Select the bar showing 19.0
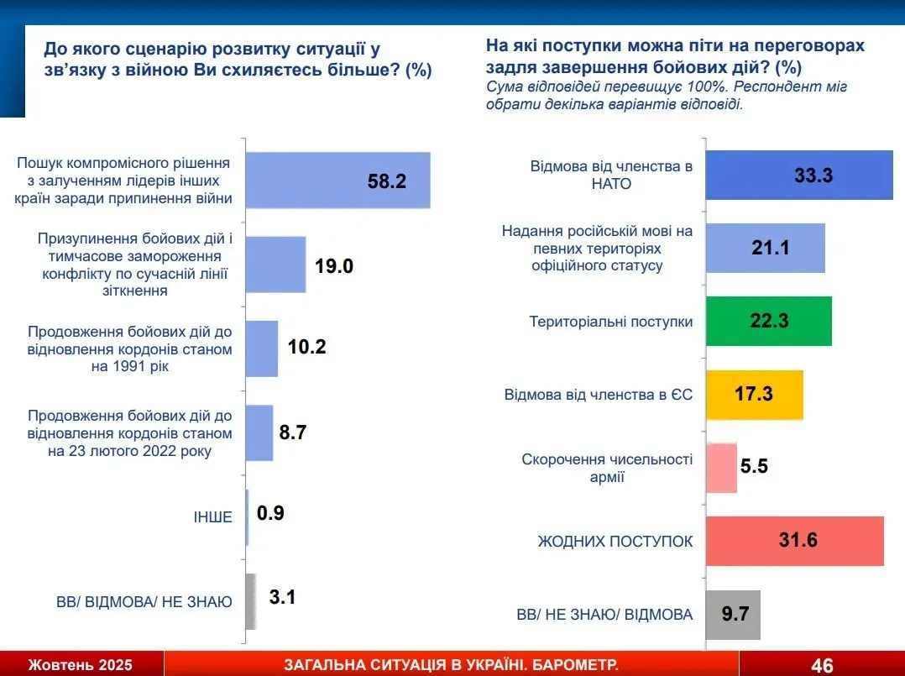coord(275,264)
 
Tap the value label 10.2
coord(308,348)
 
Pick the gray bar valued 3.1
coord(250,601)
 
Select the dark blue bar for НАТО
coord(798,175)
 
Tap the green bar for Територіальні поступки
coord(767,321)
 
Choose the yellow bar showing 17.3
coord(754,394)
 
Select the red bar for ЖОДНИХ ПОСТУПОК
coord(793,541)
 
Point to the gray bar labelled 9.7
coord(732,615)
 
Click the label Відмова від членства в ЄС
coord(598,395)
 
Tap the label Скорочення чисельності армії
coord(607,468)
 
